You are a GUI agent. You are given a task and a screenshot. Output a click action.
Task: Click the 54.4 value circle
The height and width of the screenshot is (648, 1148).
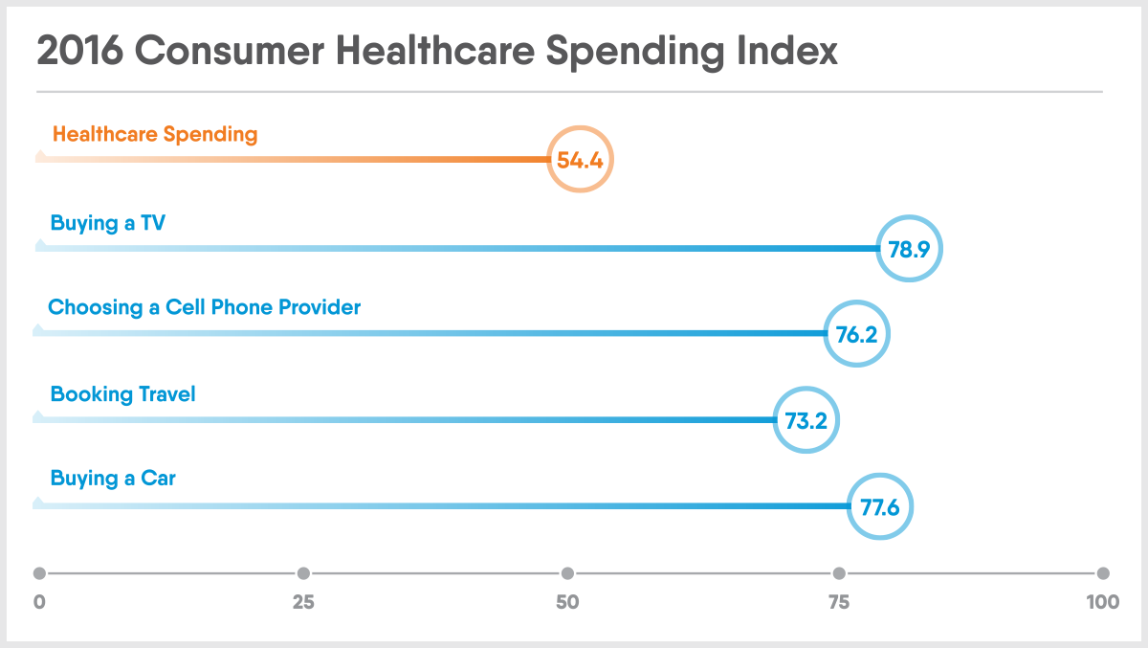tap(580, 160)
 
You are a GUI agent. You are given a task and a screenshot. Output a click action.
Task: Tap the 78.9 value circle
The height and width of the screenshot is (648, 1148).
tap(910, 248)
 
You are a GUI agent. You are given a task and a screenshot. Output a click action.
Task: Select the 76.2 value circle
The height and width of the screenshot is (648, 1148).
tap(857, 333)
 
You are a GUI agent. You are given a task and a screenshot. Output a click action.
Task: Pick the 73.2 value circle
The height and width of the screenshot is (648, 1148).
tap(806, 419)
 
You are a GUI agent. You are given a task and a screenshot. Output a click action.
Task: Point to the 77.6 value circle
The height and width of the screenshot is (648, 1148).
tap(880, 506)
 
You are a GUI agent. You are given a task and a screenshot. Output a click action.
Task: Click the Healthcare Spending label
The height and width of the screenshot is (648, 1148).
tap(155, 134)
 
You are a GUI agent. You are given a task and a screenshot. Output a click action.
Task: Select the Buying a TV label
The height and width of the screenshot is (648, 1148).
tap(109, 223)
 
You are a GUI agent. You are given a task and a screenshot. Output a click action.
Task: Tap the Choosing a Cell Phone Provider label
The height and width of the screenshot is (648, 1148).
tap(205, 307)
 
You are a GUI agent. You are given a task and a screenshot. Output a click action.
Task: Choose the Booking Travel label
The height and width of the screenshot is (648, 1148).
tap(122, 393)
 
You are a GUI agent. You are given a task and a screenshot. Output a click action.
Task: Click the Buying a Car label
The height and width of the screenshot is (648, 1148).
tap(113, 478)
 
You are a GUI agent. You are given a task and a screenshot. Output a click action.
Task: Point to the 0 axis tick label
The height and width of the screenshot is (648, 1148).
tap(39, 603)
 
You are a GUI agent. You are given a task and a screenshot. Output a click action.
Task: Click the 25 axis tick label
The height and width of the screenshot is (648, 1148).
tap(303, 603)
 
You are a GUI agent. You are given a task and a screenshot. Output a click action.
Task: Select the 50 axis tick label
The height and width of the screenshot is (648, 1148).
tap(567, 603)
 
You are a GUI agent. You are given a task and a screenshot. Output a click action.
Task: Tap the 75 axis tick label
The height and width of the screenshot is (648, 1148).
tap(839, 603)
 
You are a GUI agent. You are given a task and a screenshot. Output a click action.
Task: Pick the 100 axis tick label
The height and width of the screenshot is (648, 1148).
tap(1103, 603)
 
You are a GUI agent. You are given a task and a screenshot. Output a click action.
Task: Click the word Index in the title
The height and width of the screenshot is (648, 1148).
tap(789, 52)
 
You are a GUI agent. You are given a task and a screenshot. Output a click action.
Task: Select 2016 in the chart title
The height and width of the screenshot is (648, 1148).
tap(79, 52)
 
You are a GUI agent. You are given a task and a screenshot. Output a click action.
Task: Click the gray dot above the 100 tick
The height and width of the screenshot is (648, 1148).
tap(1103, 573)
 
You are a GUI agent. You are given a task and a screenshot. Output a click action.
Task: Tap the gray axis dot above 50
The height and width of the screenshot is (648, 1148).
tap(567, 573)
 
